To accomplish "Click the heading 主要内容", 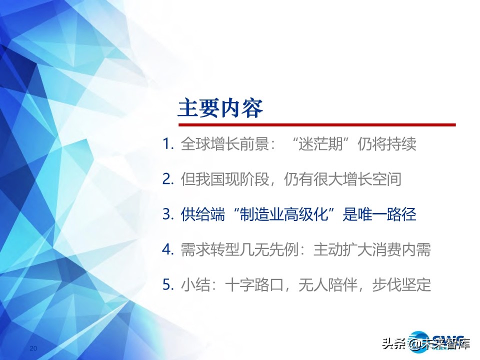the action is pos(220,108).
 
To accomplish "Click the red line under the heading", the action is pos(317,125).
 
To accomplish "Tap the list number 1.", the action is pos(168,143).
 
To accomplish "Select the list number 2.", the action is pos(168,179).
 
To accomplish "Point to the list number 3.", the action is pos(168,214).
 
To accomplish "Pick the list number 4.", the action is pos(168,249).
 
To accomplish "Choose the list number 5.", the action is pos(168,284).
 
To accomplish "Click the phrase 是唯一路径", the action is pos(379,214).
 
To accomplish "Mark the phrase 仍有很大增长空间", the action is pos(342,179).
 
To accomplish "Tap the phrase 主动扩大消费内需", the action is pos(372,249).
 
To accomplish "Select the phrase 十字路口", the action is pos(254,284).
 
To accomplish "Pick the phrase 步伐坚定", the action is pos(401,284).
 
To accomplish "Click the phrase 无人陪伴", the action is pos(328,284).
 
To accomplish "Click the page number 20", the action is pos(33,348).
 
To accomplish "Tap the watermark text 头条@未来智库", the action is pos(426,344).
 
